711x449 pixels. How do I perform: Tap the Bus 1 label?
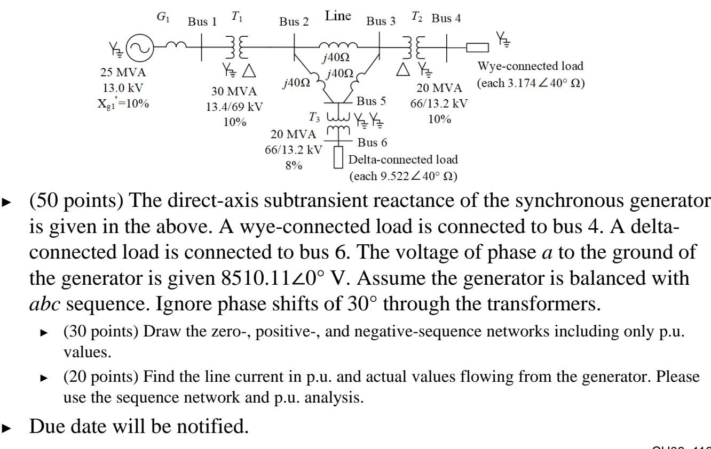(x=202, y=22)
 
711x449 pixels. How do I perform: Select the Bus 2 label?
(x=294, y=22)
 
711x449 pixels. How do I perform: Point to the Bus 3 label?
(x=381, y=22)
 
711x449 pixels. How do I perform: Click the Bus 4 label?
(x=446, y=20)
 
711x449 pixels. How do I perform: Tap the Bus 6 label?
(x=372, y=142)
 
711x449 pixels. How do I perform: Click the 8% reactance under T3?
(x=293, y=165)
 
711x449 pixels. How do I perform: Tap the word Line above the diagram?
(x=337, y=17)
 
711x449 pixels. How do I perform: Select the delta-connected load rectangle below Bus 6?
(x=338, y=159)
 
